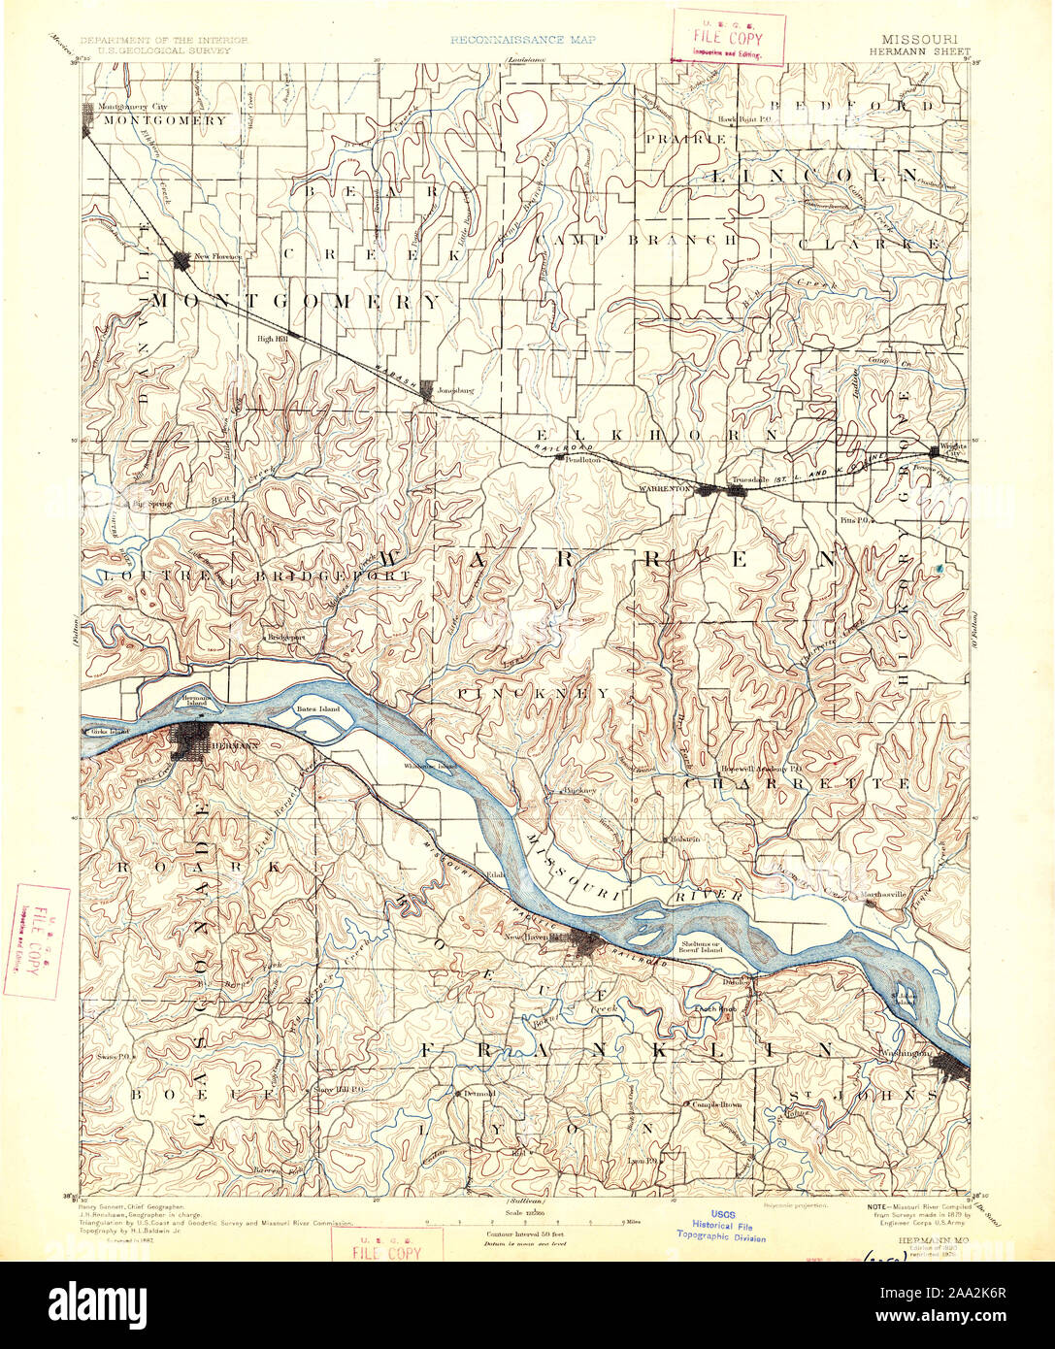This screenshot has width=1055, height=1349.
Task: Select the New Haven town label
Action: tap(527, 937)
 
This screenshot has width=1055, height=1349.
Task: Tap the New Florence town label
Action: tap(217, 256)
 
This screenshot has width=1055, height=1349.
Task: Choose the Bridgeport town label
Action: tap(287, 638)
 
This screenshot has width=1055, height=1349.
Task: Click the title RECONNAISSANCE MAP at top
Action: tap(523, 41)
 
